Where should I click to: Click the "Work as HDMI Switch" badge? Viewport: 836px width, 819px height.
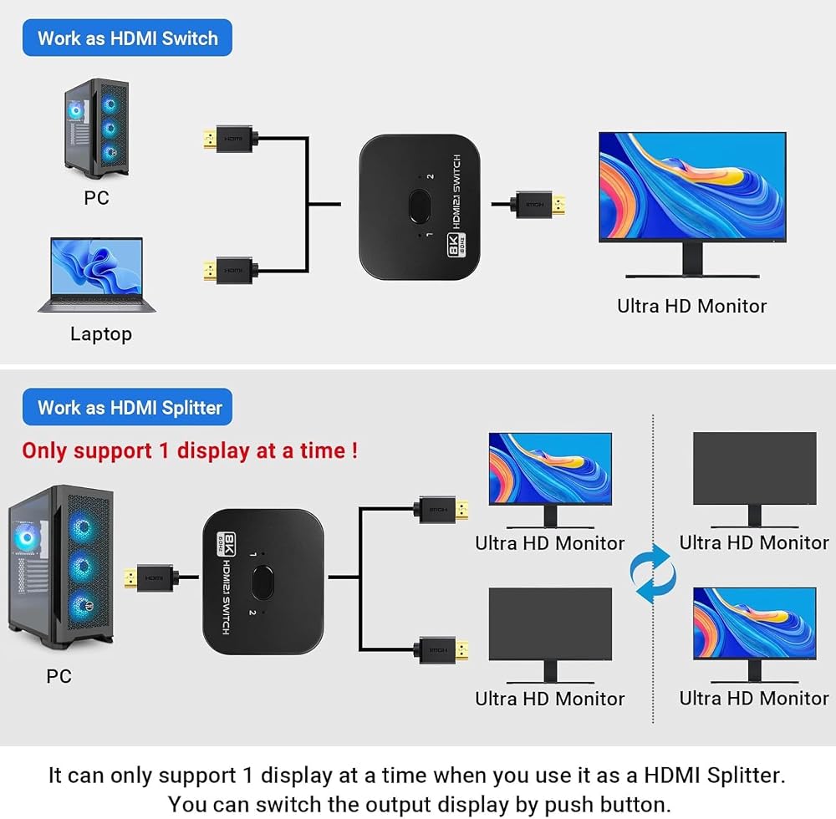pyautogui.click(x=127, y=38)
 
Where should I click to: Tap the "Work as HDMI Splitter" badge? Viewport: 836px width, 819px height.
pyautogui.click(x=127, y=407)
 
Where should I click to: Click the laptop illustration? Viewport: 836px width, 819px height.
pyautogui.click(x=96, y=274)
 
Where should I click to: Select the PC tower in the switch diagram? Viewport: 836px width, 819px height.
pyautogui.click(x=96, y=129)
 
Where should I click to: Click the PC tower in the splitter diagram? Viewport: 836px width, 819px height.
pyautogui.click(x=60, y=566)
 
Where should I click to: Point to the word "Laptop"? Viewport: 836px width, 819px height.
pyautogui.click(x=101, y=334)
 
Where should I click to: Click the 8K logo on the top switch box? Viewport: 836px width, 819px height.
pyautogui.click(x=456, y=245)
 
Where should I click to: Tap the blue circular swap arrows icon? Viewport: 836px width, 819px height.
pyautogui.click(x=653, y=574)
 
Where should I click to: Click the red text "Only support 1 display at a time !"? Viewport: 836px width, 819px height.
pyautogui.click(x=190, y=450)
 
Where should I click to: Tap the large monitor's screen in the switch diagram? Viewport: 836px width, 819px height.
pyautogui.click(x=692, y=186)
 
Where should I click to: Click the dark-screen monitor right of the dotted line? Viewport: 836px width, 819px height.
pyautogui.click(x=754, y=480)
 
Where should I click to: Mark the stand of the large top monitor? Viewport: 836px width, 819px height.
pyautogui.click(x=692, y=261)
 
